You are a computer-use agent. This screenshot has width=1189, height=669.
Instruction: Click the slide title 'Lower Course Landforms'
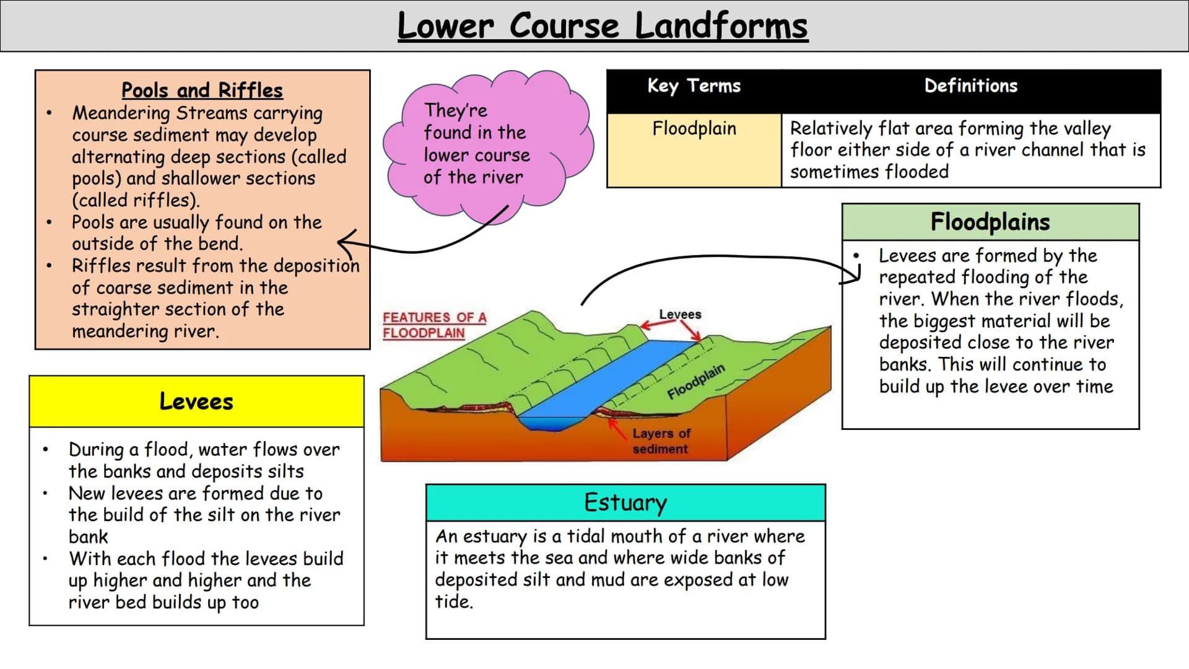[x=602, y=26]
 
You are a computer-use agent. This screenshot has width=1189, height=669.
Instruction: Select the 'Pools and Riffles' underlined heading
[x=202, y=90]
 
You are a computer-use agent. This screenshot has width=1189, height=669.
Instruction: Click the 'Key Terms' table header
[x=694, y=86]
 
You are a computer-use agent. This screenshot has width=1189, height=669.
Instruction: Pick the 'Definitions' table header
[x=970, y=86]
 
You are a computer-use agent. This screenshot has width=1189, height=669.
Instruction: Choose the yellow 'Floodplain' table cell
[x=694, y=149]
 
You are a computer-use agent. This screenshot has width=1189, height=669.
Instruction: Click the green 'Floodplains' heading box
[x=990, y=222]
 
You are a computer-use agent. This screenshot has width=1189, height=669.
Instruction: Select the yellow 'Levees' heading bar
[x=196, y=401]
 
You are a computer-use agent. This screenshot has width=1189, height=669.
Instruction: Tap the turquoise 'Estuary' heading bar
[x=625, y=502]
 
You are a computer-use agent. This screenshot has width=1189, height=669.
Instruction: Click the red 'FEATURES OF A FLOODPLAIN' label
[x=434, y=325]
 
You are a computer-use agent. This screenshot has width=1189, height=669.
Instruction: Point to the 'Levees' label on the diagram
[x=680, y=315]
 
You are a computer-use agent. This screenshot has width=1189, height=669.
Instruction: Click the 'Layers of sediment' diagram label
[x=661, y=441]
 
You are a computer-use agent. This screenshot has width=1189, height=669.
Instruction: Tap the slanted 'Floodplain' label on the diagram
[x=695, y=382]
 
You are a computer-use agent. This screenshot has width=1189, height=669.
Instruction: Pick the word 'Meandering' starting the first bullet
[x=121, y=113]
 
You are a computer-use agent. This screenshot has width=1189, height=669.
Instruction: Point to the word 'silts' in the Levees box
[x=285, y=472]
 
